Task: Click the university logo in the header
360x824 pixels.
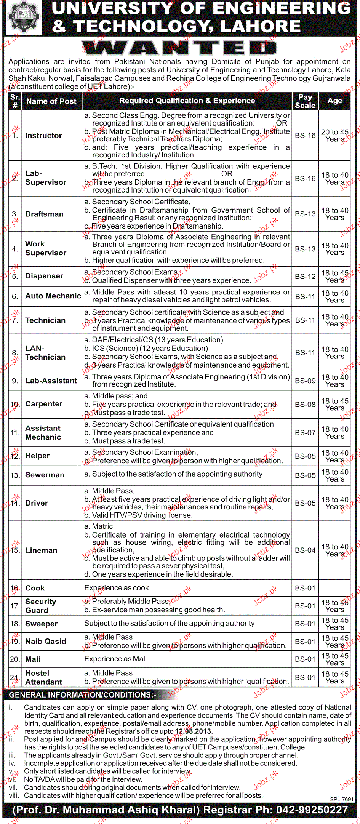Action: click(24, 18)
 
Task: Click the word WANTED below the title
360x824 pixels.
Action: click(179, 48)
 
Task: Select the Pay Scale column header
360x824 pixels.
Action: click(305, 101)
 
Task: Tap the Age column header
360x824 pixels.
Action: click(334, 101)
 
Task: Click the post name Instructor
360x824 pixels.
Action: click(43, 136)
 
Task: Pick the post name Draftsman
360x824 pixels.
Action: click(44, 214)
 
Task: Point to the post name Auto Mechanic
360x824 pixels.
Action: click(53, 296)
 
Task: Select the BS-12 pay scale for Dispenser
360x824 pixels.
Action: click(305, 277)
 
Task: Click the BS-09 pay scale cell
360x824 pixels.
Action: click(305, 381)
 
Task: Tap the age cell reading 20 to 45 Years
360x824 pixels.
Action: click(334, 136)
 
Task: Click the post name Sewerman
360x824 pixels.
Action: click(45, 475)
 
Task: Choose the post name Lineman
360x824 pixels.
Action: click(41, 550)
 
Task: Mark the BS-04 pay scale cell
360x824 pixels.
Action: click(305, 550)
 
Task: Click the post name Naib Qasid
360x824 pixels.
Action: click(46, 642)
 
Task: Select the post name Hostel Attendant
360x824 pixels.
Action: click(43, 678)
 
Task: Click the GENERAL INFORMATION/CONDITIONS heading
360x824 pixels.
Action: click(82, 695)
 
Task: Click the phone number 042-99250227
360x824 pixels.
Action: click(312, 810)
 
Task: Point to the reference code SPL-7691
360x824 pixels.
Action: click(342, 799)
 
